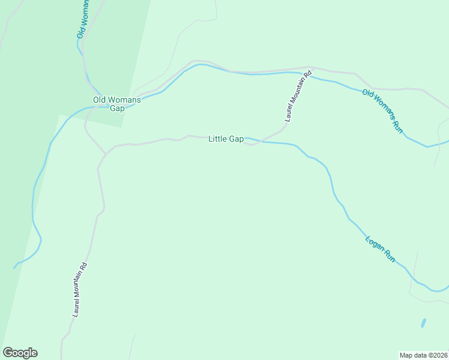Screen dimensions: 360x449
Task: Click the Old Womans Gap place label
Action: point(116,104)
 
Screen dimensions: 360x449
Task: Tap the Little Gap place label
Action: point(226,139)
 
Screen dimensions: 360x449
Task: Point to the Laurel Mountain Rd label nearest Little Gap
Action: point(298,96)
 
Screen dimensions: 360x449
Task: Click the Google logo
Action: point(20,353)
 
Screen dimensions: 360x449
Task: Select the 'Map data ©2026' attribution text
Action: point(424,355)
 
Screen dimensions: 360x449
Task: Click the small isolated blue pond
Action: point(423,323)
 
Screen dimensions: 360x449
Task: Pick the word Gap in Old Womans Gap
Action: point(116,109)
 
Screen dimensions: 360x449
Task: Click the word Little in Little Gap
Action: point(218,139)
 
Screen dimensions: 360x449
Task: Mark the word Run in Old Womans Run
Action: point(397,126)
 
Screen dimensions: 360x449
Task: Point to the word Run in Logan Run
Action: point(390,257)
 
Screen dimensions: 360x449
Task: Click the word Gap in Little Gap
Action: point(236,139)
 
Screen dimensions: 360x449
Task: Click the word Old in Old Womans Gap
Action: point(99,100)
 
